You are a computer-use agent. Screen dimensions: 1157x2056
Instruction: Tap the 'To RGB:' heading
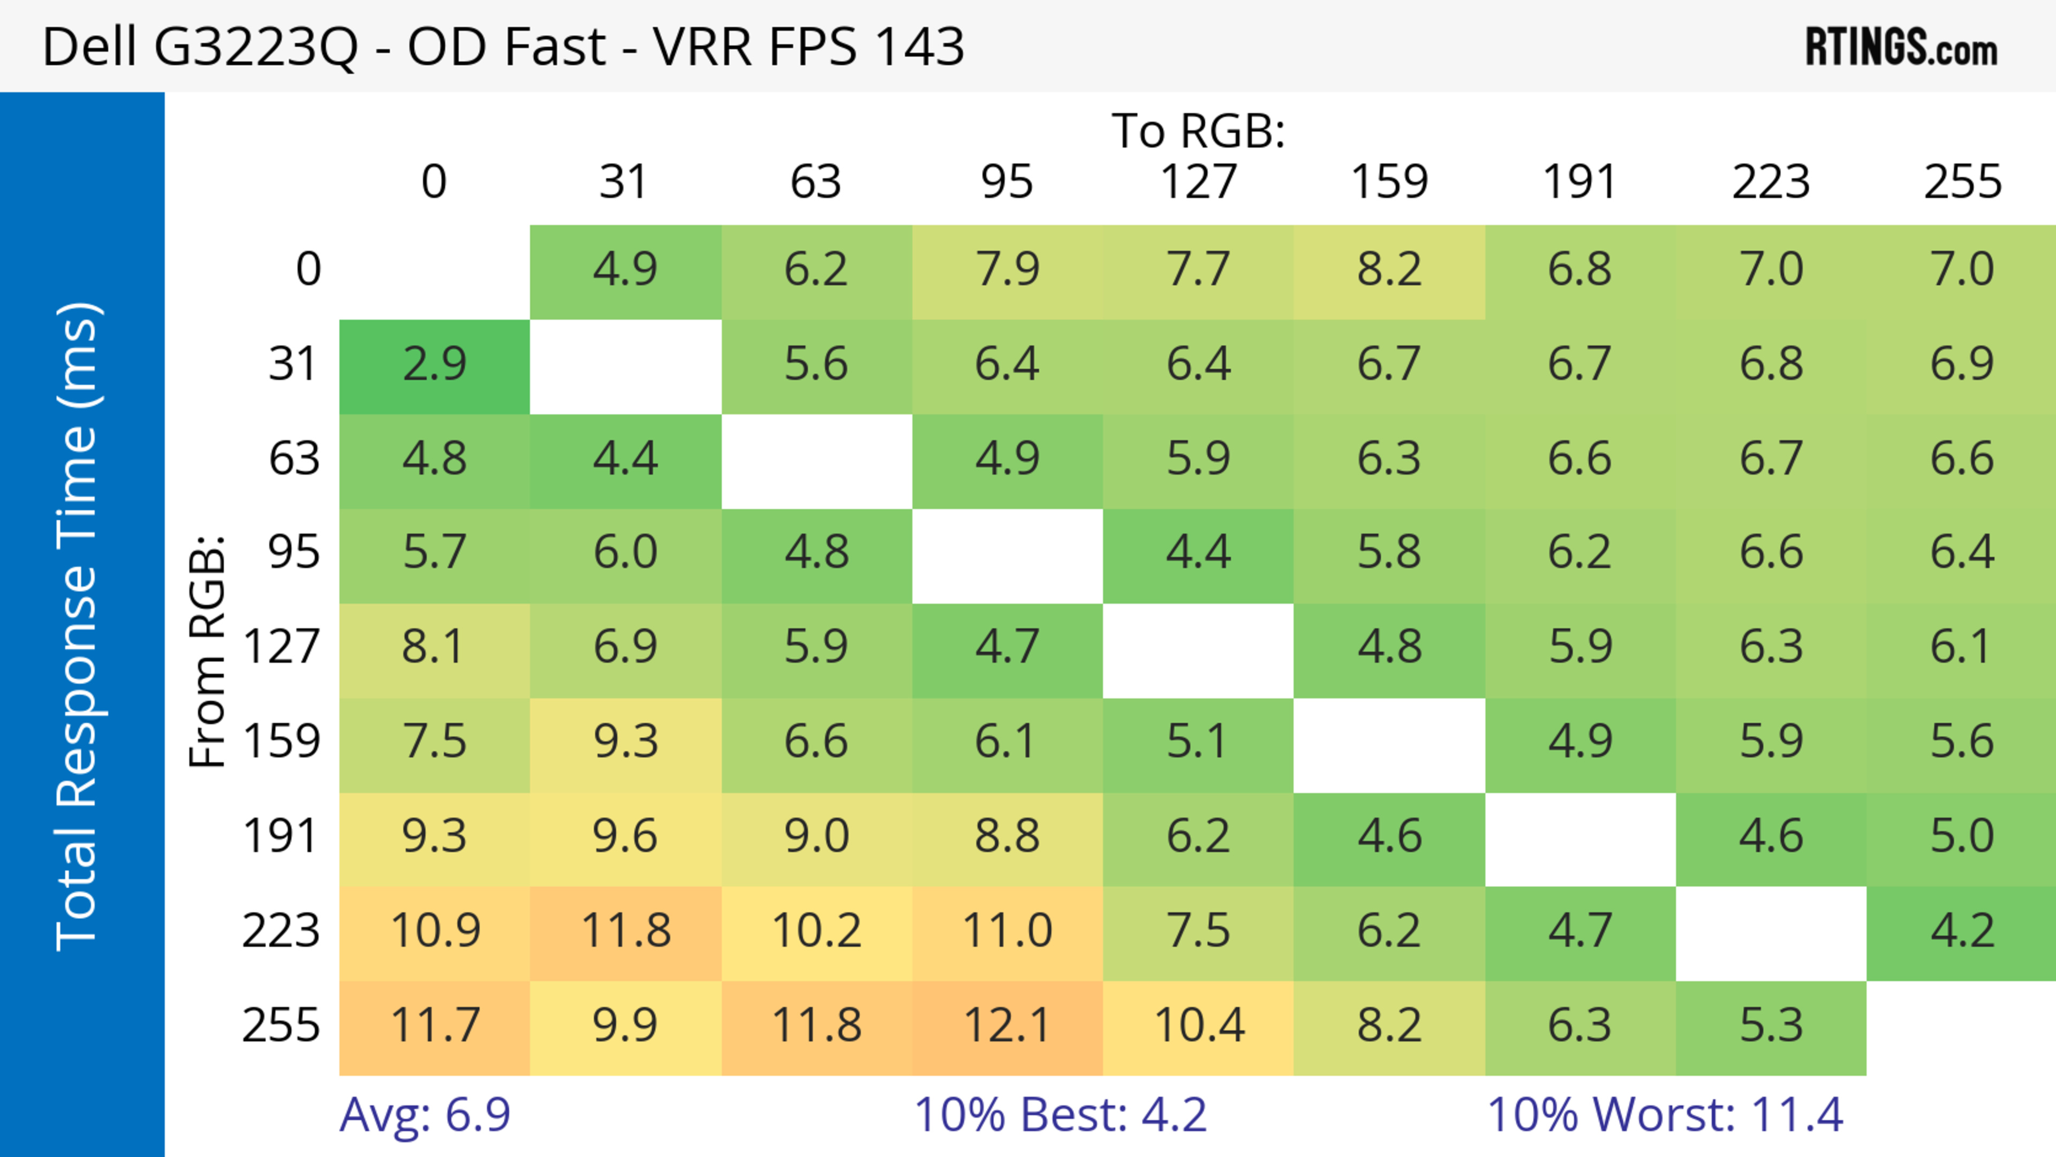click(1198, 131)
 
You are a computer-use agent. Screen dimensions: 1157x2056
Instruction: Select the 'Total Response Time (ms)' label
click(78, 626)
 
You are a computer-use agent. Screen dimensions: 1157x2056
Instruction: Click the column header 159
click(1389, 182)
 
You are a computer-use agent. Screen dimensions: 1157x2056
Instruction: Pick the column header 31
click(624, 182)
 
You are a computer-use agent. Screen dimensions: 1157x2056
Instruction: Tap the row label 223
click(281, 931)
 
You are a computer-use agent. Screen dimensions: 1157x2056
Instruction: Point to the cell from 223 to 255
click(1961, 931)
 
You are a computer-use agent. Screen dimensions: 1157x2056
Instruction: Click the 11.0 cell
click(1007, 931)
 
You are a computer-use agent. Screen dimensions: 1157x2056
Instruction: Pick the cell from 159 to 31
click(625, 742)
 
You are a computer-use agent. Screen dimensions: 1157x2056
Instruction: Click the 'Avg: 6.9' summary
click(425, 1115)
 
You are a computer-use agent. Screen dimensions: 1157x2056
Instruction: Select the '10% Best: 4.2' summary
click(1060, 1115)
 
